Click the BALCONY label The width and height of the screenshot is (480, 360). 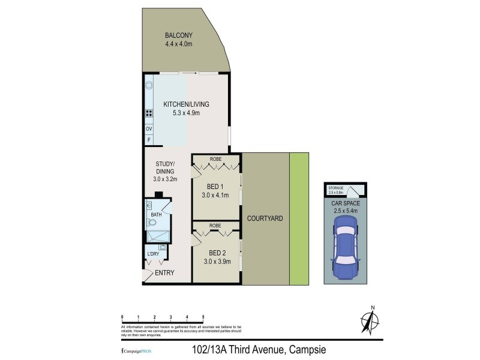[x=178, y=35]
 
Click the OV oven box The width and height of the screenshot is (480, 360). [x=148, y=129]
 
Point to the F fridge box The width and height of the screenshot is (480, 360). [x=148, y=140]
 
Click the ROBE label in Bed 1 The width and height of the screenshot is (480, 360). [x=215, y=160]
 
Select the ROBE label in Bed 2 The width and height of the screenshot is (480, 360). [x=215, y=226]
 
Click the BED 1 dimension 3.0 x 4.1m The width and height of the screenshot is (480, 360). [x=215, y=194]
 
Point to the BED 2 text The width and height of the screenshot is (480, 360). [x=215, y=253]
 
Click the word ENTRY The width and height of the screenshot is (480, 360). [x=164, y=274]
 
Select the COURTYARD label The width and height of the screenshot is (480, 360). [x=265, y=218]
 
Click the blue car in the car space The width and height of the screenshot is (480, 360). [x=344, y=248]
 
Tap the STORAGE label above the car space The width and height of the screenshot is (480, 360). [x=336, y=188]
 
